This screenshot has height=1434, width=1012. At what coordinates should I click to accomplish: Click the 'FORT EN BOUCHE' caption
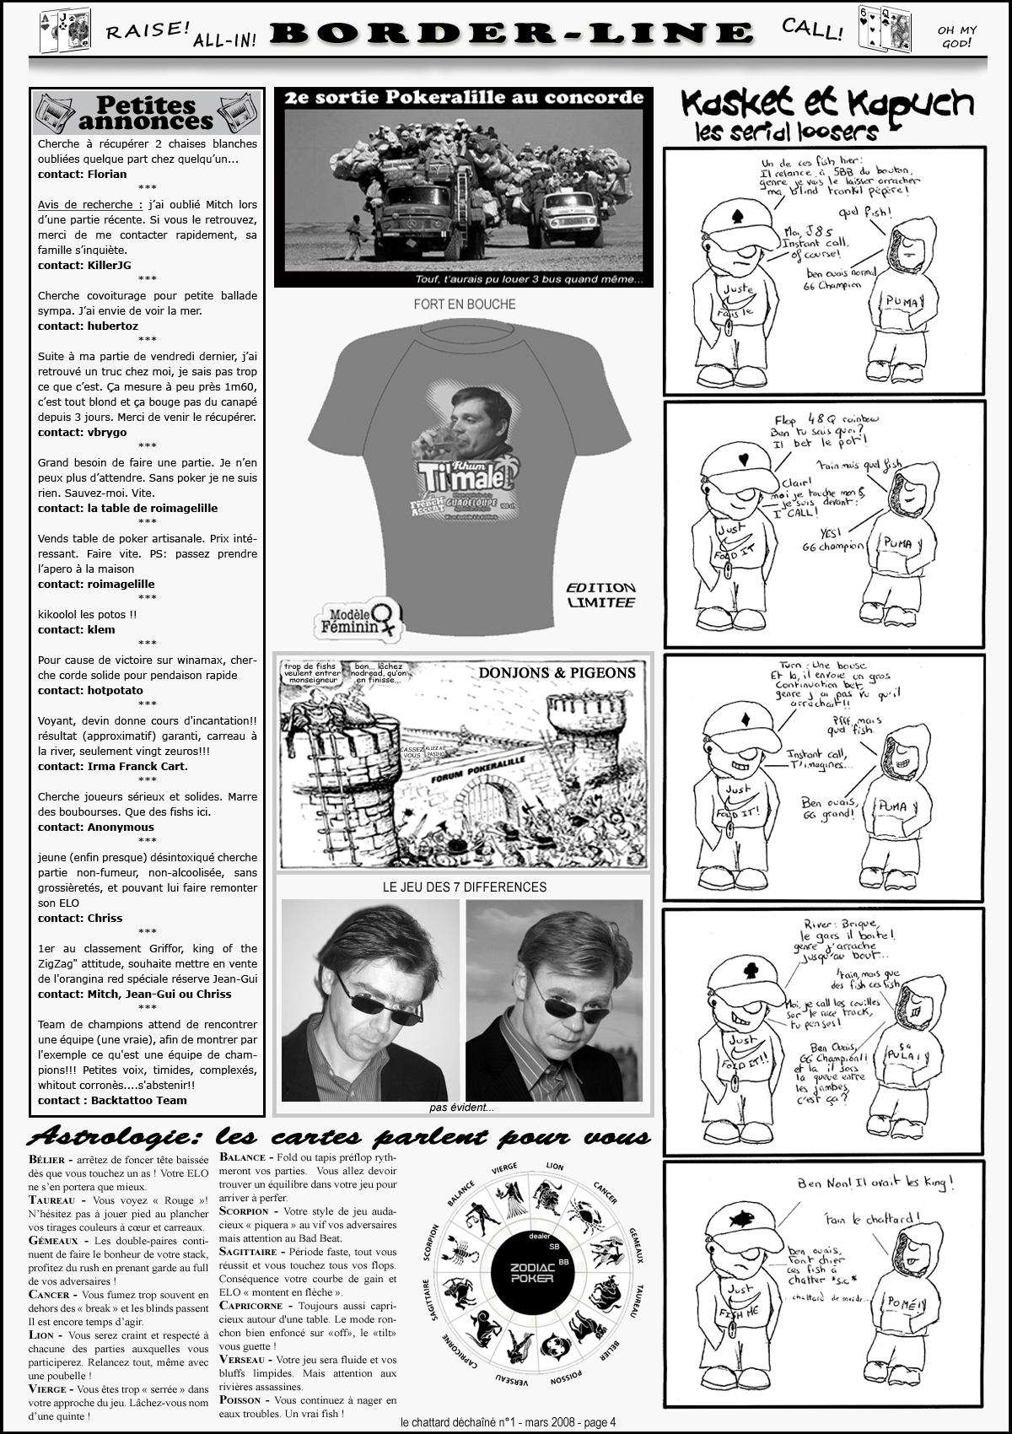464,305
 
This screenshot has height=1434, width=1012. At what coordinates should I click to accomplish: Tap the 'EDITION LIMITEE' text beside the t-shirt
600,595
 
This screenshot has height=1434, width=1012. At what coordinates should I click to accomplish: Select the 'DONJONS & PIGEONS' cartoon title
557,672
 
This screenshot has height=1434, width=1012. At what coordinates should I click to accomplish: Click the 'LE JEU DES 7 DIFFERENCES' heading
464,887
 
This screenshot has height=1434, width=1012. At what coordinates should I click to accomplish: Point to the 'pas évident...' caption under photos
461,1108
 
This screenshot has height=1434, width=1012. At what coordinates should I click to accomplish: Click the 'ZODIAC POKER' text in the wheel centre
532,1273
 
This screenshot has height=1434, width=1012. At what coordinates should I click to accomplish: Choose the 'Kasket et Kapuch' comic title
826,105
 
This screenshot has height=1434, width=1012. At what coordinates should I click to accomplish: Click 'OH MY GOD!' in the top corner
956,36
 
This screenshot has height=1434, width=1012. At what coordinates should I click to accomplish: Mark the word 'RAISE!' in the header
148,30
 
